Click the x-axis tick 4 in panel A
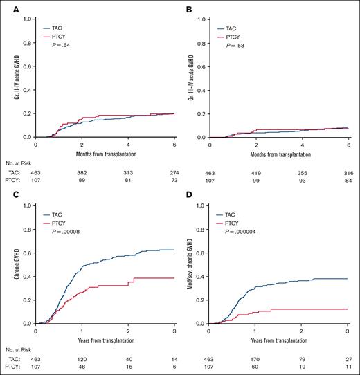[127, 144]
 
